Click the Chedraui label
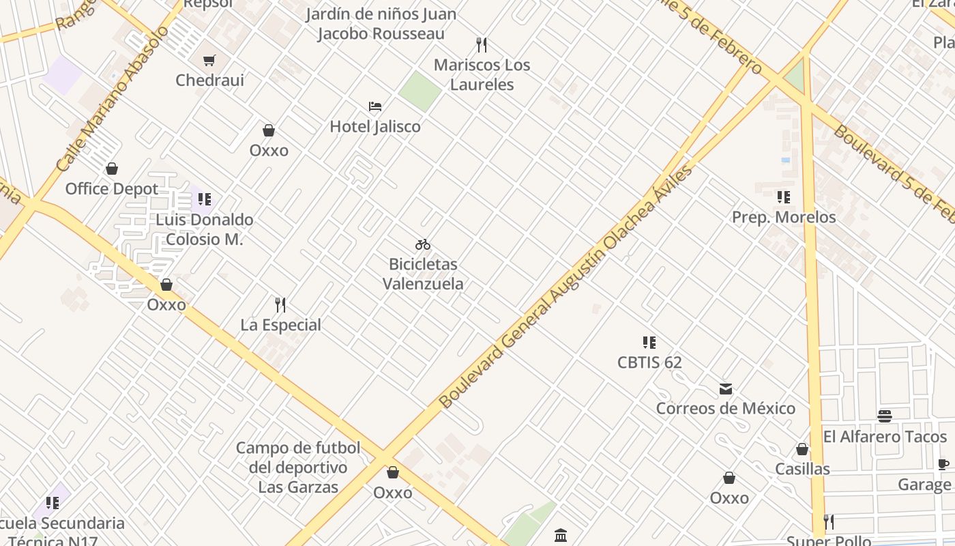point(209,80)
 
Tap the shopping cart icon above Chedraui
point(209,60)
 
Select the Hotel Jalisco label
point(375,126)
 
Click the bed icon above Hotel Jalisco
point(375,106)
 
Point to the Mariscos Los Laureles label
point(482,75)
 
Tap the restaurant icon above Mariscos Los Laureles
point(482,45)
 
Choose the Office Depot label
point(112,188)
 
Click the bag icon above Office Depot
point(112,169)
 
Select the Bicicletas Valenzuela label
point(423,274)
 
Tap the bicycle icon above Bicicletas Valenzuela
point(423,244)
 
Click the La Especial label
point(280,325)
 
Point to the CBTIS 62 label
point(649,362)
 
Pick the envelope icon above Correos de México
point(726,389)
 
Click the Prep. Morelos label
point(784,217)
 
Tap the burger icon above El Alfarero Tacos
point(885,416)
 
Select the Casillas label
point(802,469)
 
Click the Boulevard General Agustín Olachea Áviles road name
point(566,287)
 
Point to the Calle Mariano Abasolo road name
point(113,99)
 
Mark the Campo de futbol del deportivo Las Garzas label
point(298,468)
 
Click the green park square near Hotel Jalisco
point(419,91)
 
